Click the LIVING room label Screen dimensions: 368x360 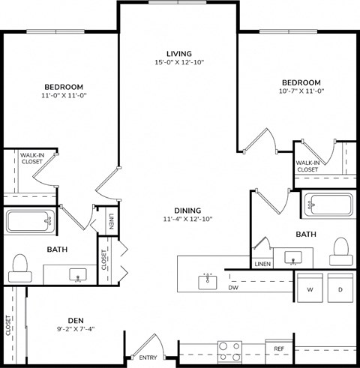[179, 53]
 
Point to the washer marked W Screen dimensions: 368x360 [307, 289]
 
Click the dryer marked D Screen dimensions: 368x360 [340, 289]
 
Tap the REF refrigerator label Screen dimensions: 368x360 [278, 349]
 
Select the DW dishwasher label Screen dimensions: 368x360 [233, 287]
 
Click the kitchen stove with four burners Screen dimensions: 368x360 [228, 349]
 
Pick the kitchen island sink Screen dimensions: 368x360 [208, 282]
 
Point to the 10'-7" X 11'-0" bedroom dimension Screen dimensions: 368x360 [301, 91]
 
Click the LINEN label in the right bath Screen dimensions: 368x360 [262, 264]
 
